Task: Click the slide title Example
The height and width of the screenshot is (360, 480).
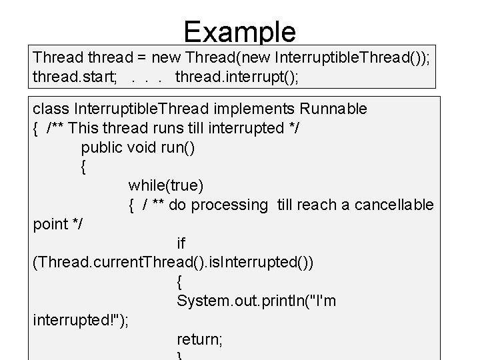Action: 239,31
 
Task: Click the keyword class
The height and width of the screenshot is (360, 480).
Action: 51,109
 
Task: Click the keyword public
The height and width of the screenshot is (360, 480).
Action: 101,147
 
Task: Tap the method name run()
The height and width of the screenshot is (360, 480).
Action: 178,147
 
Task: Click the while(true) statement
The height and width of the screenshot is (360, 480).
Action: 165,185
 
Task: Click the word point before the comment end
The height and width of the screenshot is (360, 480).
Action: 50,224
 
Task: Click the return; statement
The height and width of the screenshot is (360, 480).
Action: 200,339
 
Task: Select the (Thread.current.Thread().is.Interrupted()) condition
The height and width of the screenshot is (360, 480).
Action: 173,263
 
